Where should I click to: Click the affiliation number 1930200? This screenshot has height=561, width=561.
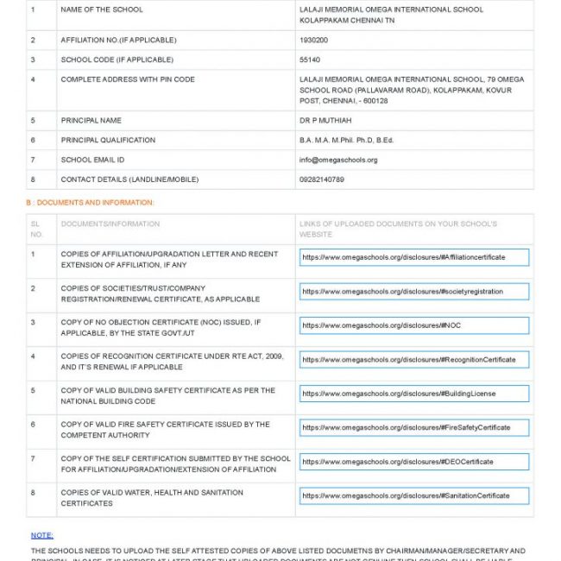pyautogui.click(x=313, y=40)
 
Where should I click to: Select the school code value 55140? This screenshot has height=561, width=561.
pyautogui.click(x=310, y=60)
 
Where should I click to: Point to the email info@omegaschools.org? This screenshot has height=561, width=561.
pyautogui.click(x=338, y=160)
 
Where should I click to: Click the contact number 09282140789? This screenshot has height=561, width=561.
pyautogui.click(x=322, y=180)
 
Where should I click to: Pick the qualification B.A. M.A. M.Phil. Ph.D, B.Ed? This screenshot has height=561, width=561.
pyautogui.click(x=346, y=140)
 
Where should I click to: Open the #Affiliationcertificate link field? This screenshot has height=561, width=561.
pyautogui.click(x=413, y=257)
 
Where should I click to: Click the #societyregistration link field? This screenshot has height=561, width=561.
pyautogui.click(x=413, y=292)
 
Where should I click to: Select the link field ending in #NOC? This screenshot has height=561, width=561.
pyautogui.click(x=413, y=325)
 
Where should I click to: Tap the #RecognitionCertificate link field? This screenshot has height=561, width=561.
pyautogui.click(x=413, y=359)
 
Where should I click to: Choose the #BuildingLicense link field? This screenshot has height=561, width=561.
pyautogui.click(x=413, y=394)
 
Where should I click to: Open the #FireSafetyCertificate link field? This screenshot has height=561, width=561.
pyautogui.click(x=413, y=427)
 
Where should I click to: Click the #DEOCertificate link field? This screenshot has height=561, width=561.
pyautogui.click(x=413, y=462)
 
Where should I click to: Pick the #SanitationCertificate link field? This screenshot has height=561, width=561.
pyautogui.click(x=413, y=495)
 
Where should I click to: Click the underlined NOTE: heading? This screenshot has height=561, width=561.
pyautogui.click(x=42, y=535)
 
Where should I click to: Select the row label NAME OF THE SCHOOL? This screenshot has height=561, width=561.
pyautogui.click(x=102, y=9)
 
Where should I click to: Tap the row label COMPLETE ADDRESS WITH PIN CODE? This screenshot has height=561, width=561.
pyautogui.click(x=128, y=79)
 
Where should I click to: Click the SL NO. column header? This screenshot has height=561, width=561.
pyautogui.click(x=36, y=229)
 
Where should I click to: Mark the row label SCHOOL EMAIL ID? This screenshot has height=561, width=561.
pyautogui.click(x=92, y=160)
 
